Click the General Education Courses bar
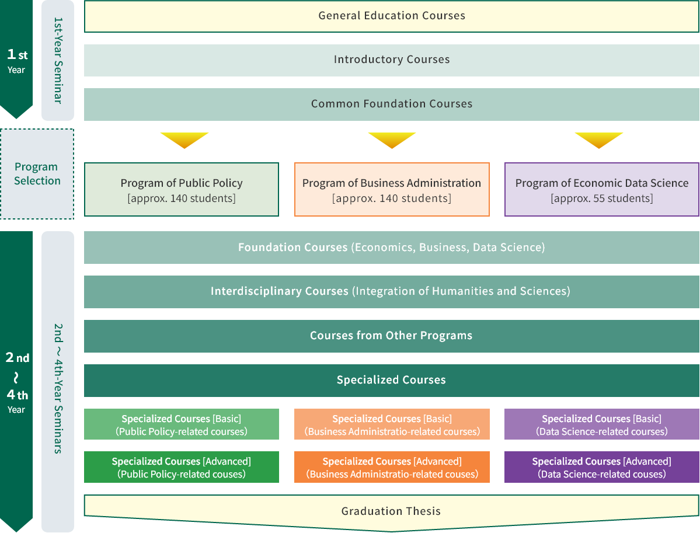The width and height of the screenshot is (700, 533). tap(392, 16)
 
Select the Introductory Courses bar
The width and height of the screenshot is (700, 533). tap(392, 60)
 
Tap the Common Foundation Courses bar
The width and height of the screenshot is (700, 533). tap(392, 104)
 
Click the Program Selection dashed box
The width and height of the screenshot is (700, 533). tap(37, 174)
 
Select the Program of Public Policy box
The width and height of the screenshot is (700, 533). tap(182, 190)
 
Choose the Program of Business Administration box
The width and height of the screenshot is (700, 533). tap(392, 190)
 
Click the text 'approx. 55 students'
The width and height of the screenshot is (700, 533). tap(602, 198)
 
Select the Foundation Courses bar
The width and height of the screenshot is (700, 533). tap(392, 248)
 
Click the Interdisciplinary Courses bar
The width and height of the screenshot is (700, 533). tap(392, 291)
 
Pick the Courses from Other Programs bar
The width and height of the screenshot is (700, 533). tap(392, 336)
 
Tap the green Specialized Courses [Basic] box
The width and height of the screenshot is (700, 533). tap(182, 424)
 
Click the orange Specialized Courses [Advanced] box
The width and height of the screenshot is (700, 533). tap(392, 467)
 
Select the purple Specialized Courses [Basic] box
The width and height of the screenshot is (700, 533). tap(602, 424)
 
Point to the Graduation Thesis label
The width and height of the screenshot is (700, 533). tap(391, 511)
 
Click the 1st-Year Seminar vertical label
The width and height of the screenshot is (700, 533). tap(58, 60)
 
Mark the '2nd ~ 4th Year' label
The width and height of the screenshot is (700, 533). tap(17, 382)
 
